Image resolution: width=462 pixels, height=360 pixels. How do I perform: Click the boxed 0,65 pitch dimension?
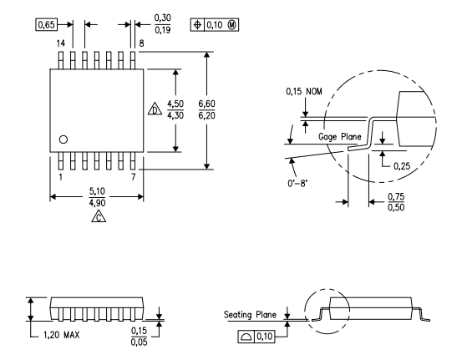click(46, 24)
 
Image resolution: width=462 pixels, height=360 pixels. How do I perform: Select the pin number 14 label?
click(61, 43)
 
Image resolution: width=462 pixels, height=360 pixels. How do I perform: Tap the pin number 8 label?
click(141, 43)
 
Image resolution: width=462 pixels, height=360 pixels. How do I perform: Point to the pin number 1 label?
click(60, 177)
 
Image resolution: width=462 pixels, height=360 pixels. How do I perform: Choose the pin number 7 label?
click(133, 177)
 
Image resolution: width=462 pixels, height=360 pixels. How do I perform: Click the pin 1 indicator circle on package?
click(63, 139)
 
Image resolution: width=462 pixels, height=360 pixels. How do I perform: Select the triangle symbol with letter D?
click(155, 109)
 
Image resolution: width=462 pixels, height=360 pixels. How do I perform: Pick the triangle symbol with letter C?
click(99, 217)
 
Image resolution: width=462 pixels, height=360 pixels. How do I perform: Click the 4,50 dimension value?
click(175, 104)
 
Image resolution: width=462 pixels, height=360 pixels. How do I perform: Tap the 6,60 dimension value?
click(206, 104)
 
